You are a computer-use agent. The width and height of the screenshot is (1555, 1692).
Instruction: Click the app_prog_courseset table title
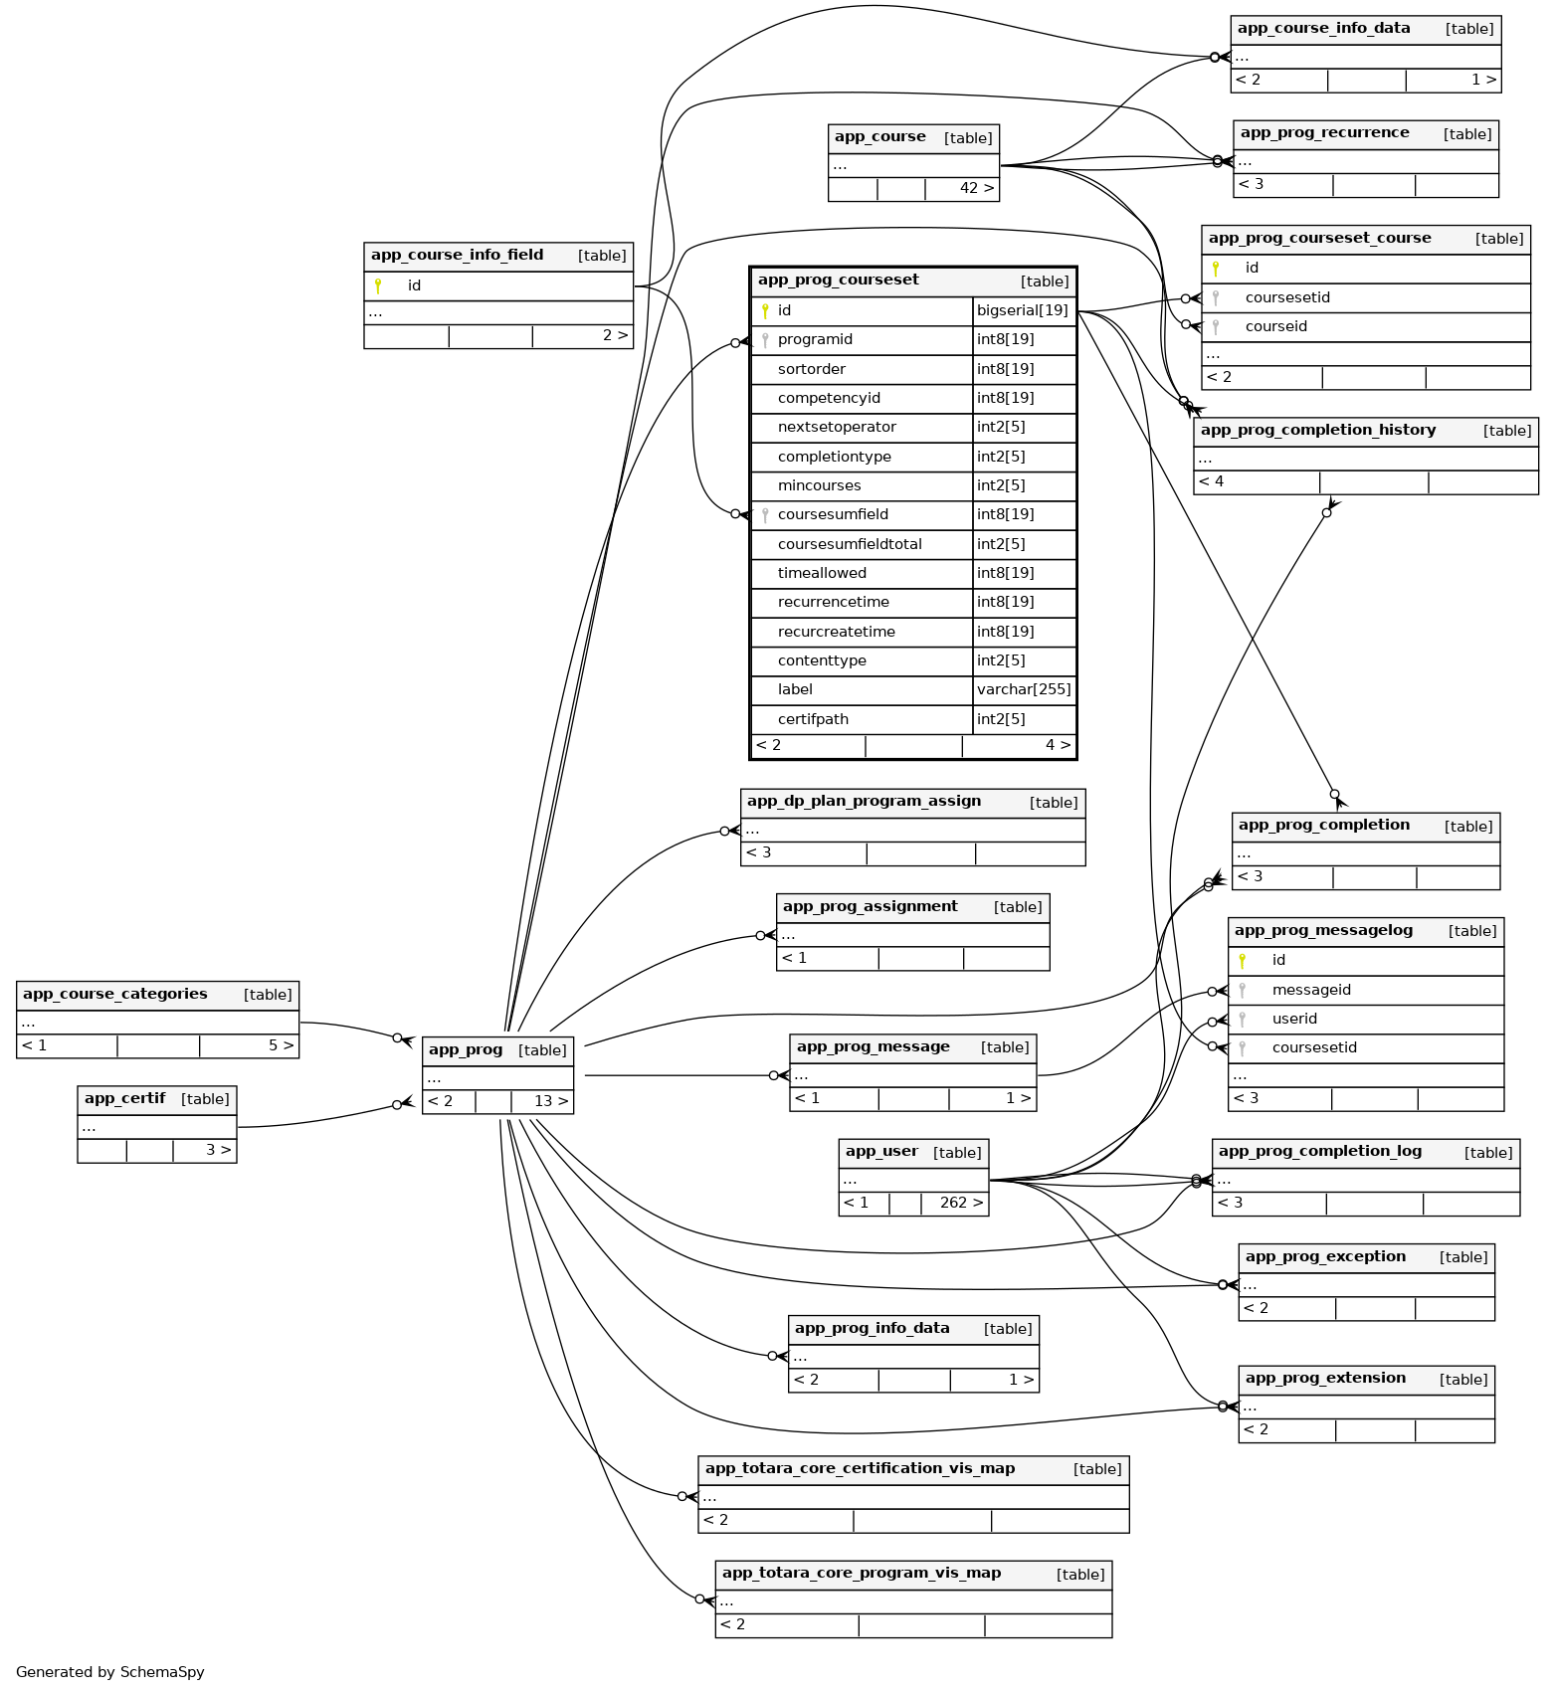838,281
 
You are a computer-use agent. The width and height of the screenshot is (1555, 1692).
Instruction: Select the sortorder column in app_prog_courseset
811,369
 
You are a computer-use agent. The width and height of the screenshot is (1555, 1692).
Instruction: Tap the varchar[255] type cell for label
1024,689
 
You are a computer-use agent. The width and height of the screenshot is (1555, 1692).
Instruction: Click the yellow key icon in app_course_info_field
378,285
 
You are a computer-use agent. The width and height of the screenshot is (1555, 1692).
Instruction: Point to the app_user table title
880,1152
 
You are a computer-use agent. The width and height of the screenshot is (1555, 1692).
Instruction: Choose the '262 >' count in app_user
960,1203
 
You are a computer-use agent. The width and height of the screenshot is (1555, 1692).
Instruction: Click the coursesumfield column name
833,514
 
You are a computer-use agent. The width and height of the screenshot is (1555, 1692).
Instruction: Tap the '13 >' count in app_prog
550,1101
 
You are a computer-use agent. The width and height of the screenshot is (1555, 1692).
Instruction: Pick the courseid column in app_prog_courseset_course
1275,326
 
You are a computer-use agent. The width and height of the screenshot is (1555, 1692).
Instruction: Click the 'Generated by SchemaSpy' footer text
110,1672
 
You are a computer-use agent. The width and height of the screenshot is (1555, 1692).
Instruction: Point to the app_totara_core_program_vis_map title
861,1574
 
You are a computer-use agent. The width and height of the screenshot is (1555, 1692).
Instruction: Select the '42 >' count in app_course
976,188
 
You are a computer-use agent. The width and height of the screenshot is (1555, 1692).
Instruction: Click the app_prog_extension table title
1325,1379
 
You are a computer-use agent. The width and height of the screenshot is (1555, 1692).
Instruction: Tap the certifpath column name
813,719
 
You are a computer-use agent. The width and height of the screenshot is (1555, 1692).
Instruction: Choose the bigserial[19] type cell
1022,310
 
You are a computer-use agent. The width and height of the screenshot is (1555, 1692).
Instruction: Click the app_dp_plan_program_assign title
864,802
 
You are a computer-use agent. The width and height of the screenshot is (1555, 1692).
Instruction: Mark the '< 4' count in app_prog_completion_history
1211,481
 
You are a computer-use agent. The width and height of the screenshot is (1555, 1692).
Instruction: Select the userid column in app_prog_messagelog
1294,1019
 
